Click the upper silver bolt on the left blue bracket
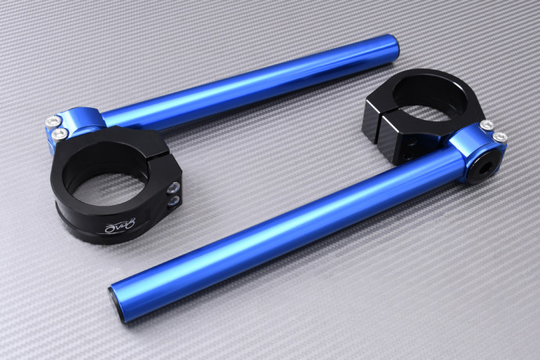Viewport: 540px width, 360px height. pyautogui.click(x=53, y=121)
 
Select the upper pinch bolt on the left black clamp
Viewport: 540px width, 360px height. pyautogui.click(x=172, y=187)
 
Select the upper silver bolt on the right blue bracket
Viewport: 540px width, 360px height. pyautogui.click(x=487, y=125)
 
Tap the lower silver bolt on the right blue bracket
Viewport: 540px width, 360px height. pyautogui.click(x=499, y=139)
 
